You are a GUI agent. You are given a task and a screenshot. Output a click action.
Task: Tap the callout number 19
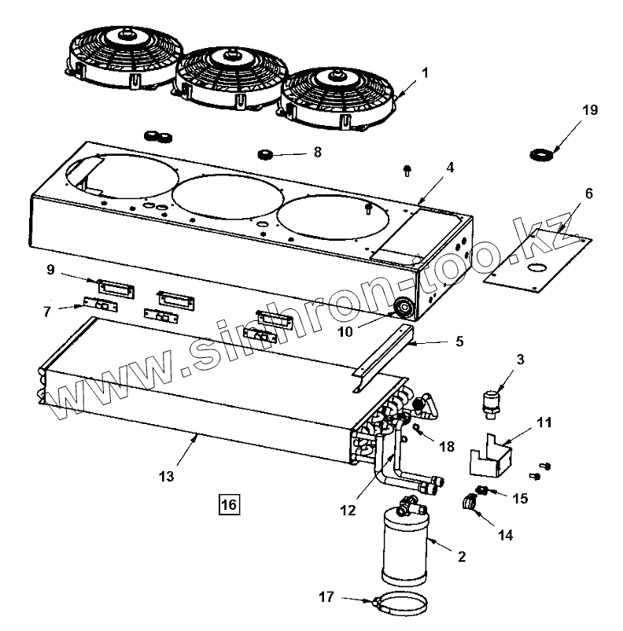point(590,110)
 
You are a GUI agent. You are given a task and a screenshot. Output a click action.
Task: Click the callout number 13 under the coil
point(166,476)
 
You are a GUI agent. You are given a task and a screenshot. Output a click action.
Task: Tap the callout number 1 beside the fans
point(425,73)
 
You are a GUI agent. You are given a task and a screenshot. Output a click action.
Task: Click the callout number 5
point(459,342)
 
